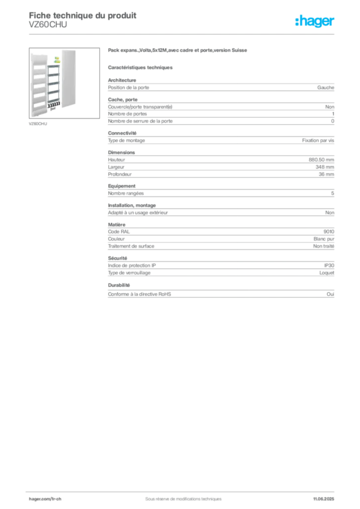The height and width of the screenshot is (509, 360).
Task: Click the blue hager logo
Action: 315,21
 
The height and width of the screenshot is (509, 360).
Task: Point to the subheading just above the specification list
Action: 141,67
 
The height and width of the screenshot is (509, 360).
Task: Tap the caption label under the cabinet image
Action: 37,124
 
